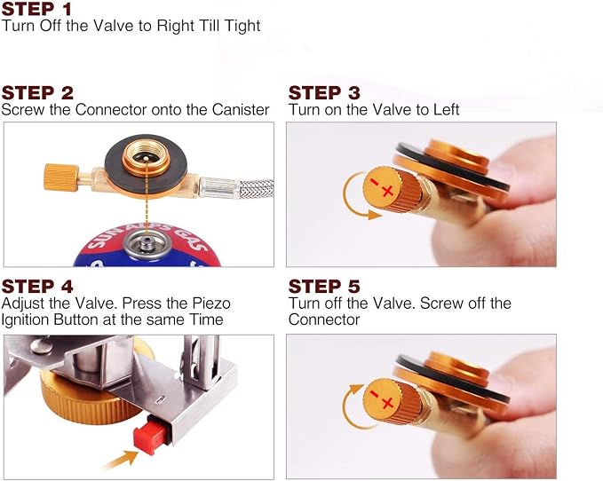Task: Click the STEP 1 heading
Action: (36, 9)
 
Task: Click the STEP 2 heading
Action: (37, 93)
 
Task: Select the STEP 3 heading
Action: (324, 93)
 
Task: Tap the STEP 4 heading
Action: (37, 287)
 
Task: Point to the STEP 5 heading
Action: (324, 287)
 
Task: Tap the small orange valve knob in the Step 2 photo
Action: (61, 177)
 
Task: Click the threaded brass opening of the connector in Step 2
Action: (147, 156)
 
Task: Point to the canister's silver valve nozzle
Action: (146, 244)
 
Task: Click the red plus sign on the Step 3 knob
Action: (387, 191)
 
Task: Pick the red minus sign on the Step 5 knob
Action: (374, 394)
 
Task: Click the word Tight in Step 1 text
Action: (242, 26)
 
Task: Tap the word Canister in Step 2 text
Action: (241, 110)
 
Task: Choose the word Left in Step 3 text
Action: (447, 110)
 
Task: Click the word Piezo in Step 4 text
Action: (211, 304)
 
